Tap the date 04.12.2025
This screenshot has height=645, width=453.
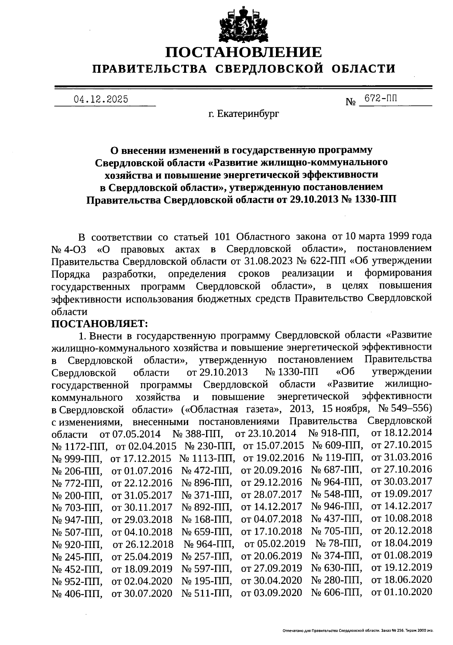[x=101, y=100]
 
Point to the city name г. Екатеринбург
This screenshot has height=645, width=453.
[x=244, y=113]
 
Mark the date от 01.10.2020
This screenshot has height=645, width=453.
[x=402, y=592]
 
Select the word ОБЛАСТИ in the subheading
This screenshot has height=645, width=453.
[x=364, y=69]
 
